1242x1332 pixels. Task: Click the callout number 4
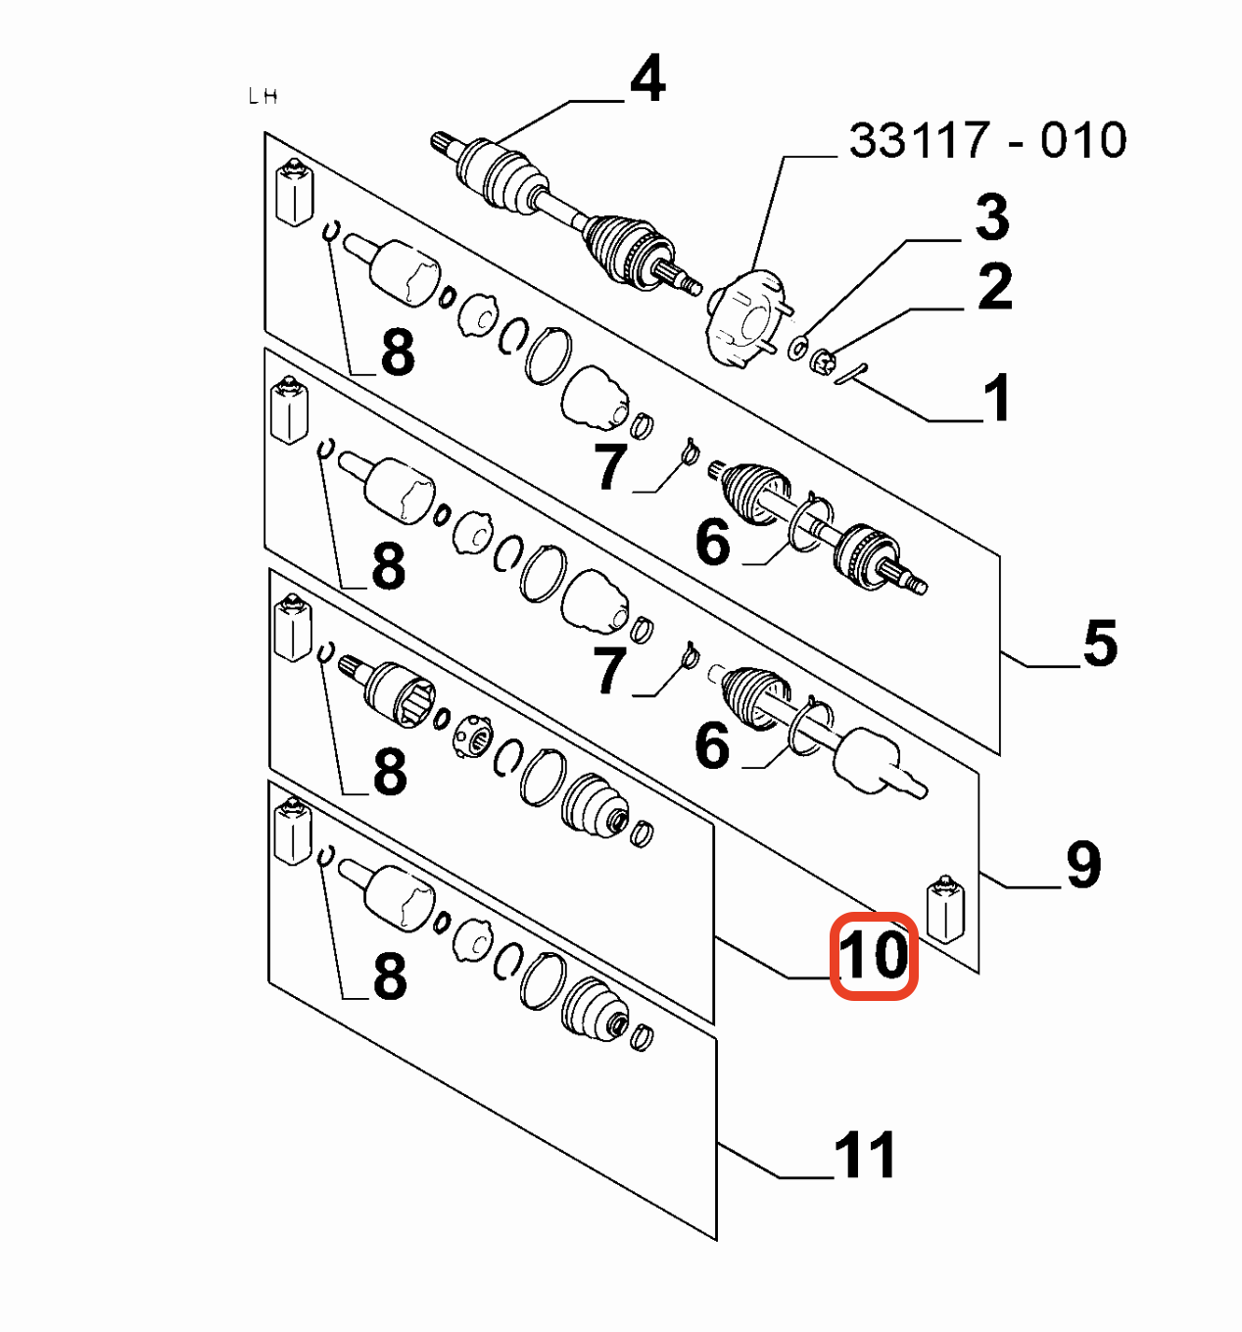(647, 79)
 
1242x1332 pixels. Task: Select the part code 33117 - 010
(987, 140)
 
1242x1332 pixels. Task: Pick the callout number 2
(995, 287)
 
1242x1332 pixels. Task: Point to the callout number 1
(998, 397)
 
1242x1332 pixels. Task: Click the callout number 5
(1100, 642)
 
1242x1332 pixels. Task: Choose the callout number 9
(1083, 865)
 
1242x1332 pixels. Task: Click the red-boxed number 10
(874, 954)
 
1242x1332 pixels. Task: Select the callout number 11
(864, 1155)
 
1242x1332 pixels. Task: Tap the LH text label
(263, 97)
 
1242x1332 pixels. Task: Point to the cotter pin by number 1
(852, 374)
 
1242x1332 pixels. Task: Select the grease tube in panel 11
(293, 831)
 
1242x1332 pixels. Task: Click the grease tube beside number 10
(945, 909)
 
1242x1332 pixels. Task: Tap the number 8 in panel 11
(390, 976)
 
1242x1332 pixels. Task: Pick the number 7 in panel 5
(610, 467)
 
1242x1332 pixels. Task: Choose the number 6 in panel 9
(712, 745)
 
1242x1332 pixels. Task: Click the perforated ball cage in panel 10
(473, 737)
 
